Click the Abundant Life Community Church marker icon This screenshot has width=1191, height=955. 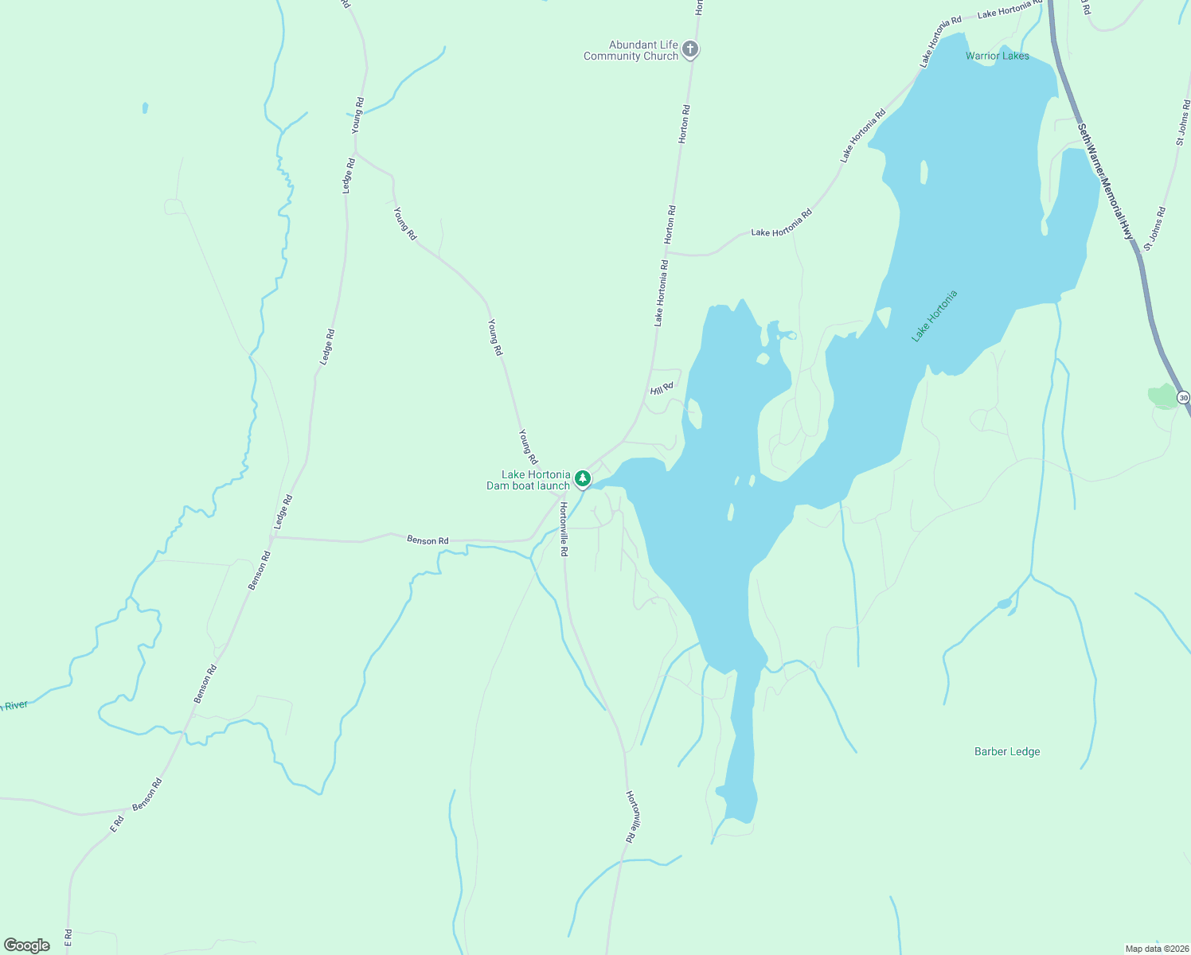[690, 50]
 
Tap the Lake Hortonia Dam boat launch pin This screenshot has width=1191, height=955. [583, 479]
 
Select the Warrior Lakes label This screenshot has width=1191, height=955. [997, 56]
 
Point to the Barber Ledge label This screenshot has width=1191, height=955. [1007, 751]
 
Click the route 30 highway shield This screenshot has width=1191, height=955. [1183, 398]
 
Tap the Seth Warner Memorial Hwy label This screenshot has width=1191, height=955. [1105, 181]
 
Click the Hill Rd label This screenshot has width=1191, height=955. [662, 388]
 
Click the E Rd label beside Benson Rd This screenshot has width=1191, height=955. [117, 824]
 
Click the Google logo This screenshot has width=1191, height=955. [27, 945]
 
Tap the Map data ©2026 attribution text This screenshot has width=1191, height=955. [1156, 949]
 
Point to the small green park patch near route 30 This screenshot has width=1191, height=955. [1163, 396]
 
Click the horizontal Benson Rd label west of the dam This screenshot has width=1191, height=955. [428, 540]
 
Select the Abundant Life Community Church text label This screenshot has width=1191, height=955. [631, 50]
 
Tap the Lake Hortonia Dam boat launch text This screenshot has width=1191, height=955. [529, 480]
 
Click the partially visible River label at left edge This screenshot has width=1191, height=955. [14, 706]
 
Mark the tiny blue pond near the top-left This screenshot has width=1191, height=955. [145, 107]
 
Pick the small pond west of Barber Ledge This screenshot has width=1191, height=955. [1004, 604]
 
